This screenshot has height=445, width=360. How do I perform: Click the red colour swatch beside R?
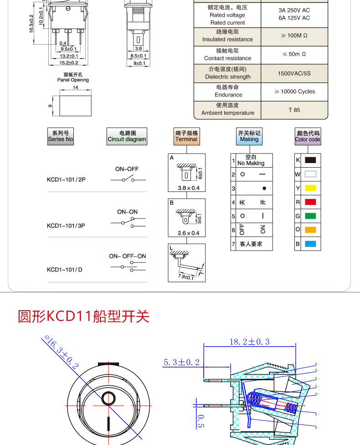310,202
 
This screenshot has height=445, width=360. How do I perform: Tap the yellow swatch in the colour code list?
310,188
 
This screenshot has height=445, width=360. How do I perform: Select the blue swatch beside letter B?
310,244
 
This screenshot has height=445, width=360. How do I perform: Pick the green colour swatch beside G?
310,216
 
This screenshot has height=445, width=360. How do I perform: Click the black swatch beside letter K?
310,160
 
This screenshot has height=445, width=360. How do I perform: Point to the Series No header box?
60,136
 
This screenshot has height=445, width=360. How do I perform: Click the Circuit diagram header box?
127,136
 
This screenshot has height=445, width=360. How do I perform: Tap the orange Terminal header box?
187,136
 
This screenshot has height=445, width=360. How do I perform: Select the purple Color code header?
308,136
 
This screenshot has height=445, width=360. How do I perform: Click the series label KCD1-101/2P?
66,179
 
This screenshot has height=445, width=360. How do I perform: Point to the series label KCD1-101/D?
65,269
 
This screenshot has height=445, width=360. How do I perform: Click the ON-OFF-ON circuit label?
128,256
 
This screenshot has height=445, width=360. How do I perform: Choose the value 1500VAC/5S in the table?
294,73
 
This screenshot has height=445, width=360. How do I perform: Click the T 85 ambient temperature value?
294,110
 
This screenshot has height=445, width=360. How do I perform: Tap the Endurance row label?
228,91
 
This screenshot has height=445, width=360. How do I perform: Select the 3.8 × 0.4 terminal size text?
186,188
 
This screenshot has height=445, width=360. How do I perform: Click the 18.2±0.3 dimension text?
249,342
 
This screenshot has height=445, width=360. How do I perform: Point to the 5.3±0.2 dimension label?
182,363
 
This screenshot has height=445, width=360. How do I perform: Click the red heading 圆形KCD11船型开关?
83,316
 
